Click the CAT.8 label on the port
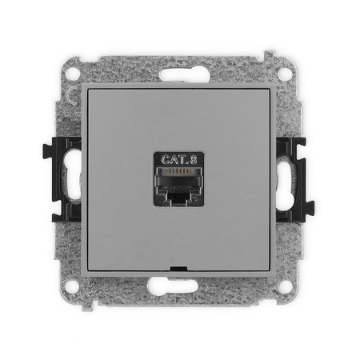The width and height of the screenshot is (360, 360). pyautogui.click(x=179, y=159)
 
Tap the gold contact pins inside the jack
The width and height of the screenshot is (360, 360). pyautogui.click(x=178, y=171)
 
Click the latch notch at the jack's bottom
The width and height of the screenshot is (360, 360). pyautogui.click(x=178, y=197)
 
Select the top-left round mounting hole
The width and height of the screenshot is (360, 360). pyautogui.click(x=73, y=73)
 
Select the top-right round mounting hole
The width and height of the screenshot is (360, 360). pyautogui.click(x=285, y=73)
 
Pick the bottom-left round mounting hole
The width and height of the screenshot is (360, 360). pyautogui.click(x=72, y=286)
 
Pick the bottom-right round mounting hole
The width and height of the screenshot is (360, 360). pyautogui.click(x=286, y=286)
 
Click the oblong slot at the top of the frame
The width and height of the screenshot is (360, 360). pyautogui.click(x=185, y=74)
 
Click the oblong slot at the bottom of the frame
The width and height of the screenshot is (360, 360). pyautogui.click(x=173, y=285)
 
